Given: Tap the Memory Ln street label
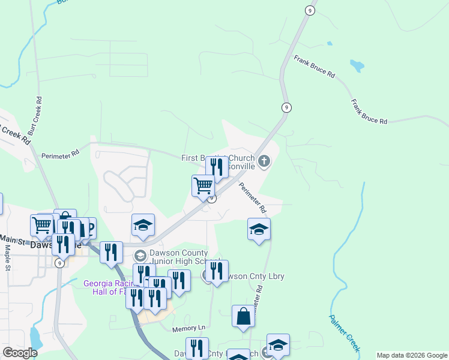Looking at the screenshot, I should tap(188, 329).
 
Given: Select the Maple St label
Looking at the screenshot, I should tap(8, 258).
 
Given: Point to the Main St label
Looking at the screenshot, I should tap(11, 241).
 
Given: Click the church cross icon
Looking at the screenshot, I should tap(264, 161).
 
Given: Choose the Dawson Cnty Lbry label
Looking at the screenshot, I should tap(252, 276).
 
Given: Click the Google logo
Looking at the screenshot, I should tap(20, 353).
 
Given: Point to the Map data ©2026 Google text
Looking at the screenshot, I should tap(411, 355).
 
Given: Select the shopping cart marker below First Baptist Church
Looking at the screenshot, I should tap(203, 185).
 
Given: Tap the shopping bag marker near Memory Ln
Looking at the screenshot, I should tap(243, 316).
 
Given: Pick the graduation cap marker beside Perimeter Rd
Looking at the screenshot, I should tap(259, 230).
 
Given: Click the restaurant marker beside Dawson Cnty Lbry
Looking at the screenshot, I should tap(217, 271).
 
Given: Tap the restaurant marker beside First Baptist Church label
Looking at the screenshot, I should tap(217, 167).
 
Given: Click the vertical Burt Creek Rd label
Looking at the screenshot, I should tap(39, 112).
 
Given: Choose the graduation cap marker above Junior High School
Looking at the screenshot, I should tap(143, 226).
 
